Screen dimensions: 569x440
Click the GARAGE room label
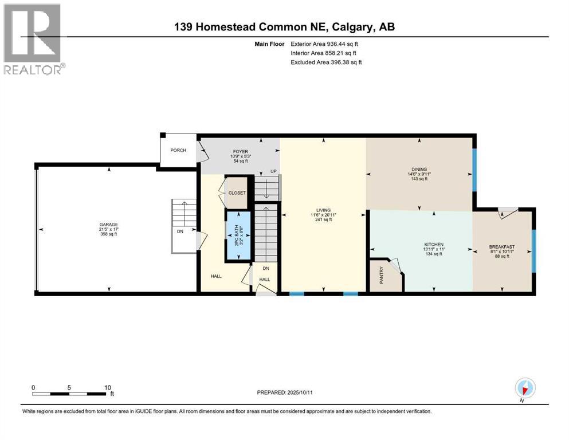point(109,225)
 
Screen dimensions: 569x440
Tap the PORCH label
point(178,150)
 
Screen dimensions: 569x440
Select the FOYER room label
point(241,152)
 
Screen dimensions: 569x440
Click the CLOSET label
point(237,193)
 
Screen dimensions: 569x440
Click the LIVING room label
point(323,210)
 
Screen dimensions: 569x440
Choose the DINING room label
point(419,170)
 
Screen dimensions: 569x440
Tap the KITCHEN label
point(434,245)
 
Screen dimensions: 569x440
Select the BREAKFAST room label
point(502,247)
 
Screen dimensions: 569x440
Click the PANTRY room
point(384,275)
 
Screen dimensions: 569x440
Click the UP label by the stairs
point(273,171)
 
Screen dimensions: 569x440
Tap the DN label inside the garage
point(180,231)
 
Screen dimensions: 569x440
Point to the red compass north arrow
point(524,390)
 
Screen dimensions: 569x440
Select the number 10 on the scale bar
point(107,387)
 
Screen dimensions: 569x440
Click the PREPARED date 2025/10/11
point(300,392)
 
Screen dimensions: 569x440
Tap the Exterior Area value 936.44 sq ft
point(343,44)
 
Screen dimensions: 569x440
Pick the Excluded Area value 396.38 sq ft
point(346,62)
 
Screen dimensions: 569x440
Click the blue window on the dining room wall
point(474,170)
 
